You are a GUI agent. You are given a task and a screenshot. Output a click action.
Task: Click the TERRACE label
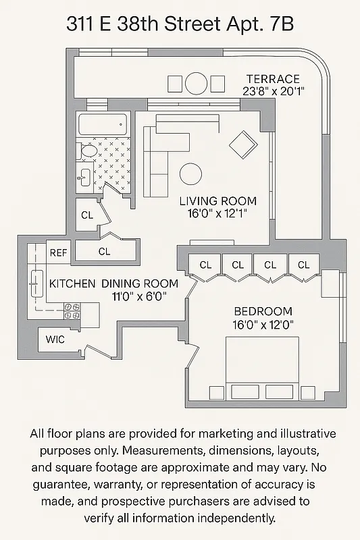272,78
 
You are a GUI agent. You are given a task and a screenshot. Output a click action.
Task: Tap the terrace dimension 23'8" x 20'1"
274,91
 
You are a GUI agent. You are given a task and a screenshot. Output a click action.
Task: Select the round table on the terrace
197,84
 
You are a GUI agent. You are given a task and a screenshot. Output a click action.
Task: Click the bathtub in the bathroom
103,125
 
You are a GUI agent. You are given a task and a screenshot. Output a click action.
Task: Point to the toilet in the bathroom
86,152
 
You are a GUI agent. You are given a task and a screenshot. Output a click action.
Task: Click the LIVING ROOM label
217,200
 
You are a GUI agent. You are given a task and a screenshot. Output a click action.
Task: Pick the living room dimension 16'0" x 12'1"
217,213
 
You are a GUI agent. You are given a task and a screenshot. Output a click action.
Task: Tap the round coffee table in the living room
191,173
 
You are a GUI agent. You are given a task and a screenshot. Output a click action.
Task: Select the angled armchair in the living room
243,144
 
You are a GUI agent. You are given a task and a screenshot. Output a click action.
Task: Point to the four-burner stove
72,311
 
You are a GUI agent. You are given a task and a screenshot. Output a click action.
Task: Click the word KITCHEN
72,283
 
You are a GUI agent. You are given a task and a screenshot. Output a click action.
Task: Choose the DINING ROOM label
140,283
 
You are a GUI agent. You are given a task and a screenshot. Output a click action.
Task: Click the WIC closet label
55,339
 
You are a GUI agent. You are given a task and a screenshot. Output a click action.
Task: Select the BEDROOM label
263,311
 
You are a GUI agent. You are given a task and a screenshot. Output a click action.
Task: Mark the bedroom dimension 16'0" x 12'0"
263,324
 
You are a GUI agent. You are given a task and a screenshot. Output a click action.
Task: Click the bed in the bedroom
261,368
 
